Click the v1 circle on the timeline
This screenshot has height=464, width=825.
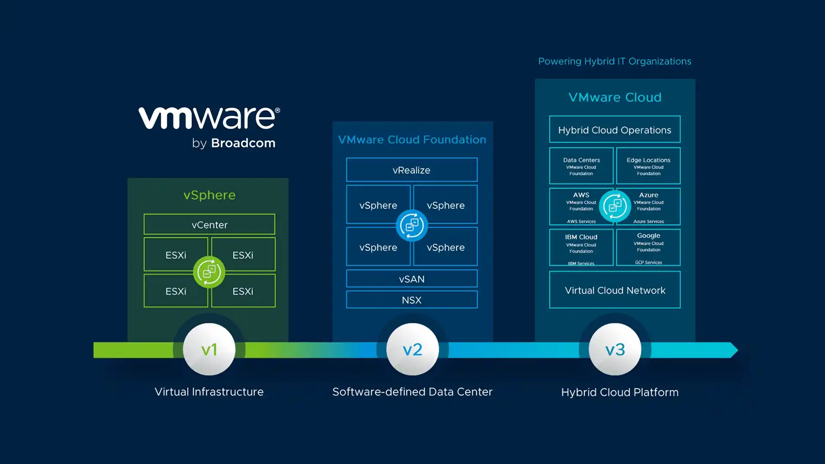pyautogui.click(x=209, y=349)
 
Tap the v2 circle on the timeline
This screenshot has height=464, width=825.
pyautogui.click(x=412, y=349)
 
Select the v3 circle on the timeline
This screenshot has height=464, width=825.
pyautogui.click(x=615, y=349)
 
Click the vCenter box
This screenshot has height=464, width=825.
pyautogui.click(x=209, y=224)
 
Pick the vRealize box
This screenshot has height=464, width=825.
pyautogui.click(x=412, y=170)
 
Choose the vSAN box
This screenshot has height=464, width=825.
pyautogui.click(x=412, y=279)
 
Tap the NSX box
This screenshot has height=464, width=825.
pyautogui.click(x=412, y=300)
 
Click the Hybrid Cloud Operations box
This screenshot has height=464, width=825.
pyautogui.click(x=614, y=129)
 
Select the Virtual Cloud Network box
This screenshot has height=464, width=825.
pyautogui.click(x=614, y=290)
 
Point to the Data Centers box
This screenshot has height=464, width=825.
pyautogui.click(x=581, y=166)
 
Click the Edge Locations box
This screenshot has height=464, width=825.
pyautogui.click(x=648, y=166)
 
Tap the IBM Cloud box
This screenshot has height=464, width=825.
pyautogui.click(x=581, y=247)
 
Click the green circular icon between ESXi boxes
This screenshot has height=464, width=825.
pyautogui.click(x=209, y=272)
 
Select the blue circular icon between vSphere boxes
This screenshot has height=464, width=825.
pyautogui.click(x=412, y=225)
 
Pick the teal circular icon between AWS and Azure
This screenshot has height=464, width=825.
pyautogui.click(x=615, y=206)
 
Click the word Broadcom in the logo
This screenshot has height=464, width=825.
pyautogui.click(x=243, y=143)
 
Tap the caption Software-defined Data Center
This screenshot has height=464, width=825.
pyautogui.click(x=412, y=392)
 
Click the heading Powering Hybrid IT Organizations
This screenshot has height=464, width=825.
pyautogui.click(x=614, y=61)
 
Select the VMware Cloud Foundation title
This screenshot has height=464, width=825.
pyautogui.click(x=412, y=140)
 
